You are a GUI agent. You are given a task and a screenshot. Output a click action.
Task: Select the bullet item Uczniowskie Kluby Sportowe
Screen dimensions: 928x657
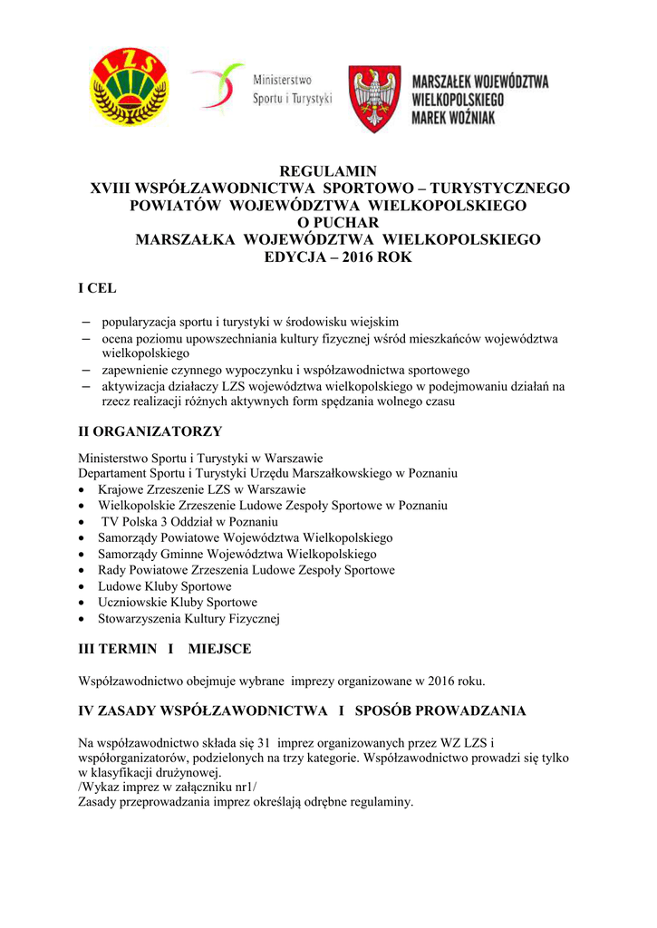[178, 603]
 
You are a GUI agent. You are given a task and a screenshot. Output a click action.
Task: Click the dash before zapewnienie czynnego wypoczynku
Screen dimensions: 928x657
[86, 370]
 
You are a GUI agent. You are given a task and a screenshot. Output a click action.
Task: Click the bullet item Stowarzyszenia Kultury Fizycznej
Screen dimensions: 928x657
[189, 619]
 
